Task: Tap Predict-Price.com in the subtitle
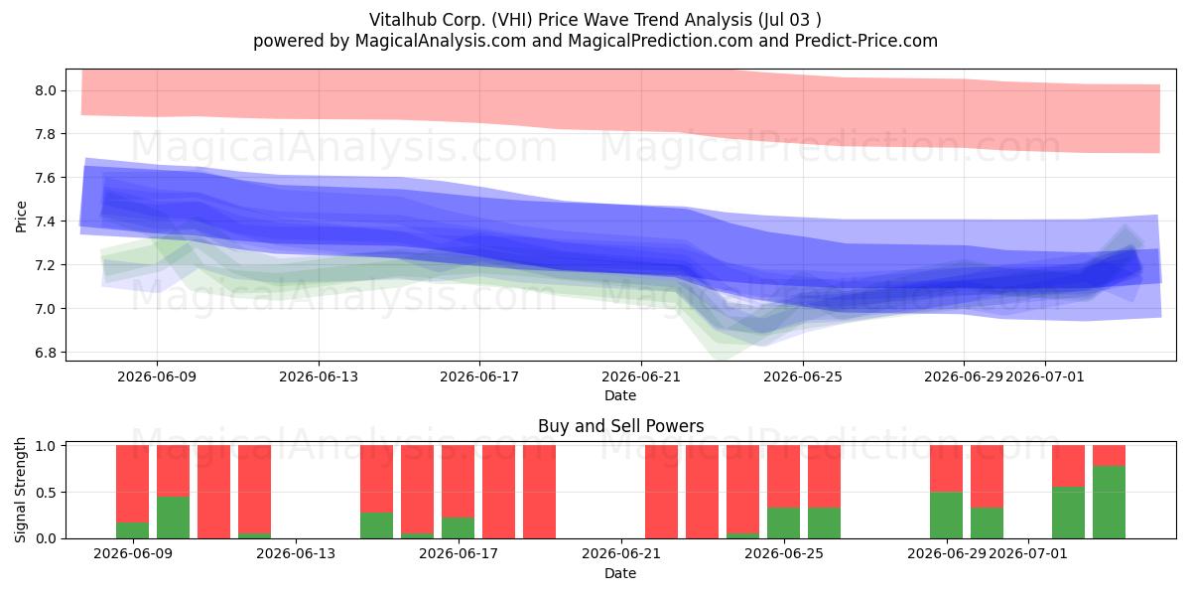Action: pyautogui.click(x=866, y=41)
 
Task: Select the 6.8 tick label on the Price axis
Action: pyautogui.click(x=46, y=353)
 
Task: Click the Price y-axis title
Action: pyautogui.click(x=21, y=217)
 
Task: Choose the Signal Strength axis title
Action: pyautogui.click(x=20, y=490)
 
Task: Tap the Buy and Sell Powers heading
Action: pyautogui.click(x=620, y=426)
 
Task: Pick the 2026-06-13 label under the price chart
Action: pyautogui.click(x=319, y=377)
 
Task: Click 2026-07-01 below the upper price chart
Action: pyautogui.click(x=1045, y=377)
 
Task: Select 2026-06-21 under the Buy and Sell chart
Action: pyautogui.click(x=621, y=554)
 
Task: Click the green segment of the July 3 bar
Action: pyautogui.click(x=1110, y=503)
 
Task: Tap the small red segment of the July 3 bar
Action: pyautogui.click(x=1110, y=456)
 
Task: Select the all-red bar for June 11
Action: pyautogui.click(x=213, y=492)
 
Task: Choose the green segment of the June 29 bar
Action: pyautogui.click(x=947, y=516)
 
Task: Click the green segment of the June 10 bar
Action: pyautogui.click(x=174, y=518)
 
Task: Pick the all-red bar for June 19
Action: pyautogui.click(x=539, y=492)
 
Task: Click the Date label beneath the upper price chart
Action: pyautogui.click(x=620, y=396)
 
